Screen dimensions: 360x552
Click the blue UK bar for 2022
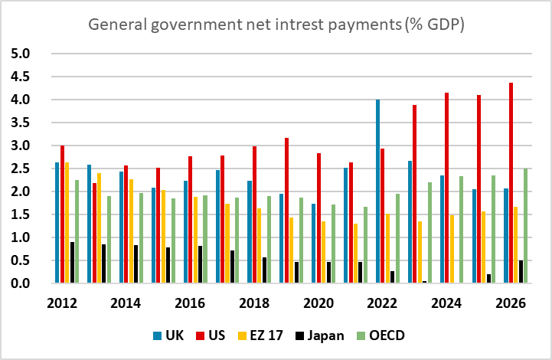click(378, 191)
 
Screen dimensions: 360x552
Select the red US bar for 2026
click(511, 183)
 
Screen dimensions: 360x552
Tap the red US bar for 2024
click(446, 188)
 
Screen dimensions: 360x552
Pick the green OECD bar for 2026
click(526, 226)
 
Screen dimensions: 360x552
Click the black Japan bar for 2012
click(72, 263)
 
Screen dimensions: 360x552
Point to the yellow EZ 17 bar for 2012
click(66, 223)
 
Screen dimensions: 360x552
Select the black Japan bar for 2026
click(521, 272)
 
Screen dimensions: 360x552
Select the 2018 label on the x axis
click(254, 302)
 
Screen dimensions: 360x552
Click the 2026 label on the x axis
click(511, 302)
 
